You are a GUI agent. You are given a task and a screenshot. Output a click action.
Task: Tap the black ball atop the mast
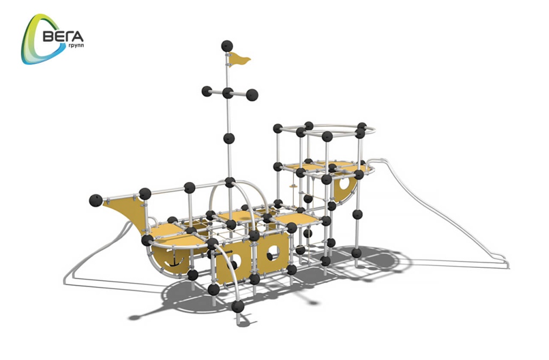227,46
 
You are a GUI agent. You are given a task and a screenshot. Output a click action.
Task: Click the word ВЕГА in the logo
63,36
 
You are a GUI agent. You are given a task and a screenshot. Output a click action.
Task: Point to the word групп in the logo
76,46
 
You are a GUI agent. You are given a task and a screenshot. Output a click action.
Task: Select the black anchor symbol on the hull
174,259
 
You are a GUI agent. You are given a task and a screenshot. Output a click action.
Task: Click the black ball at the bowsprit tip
96,200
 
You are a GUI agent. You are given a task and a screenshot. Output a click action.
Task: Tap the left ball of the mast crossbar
207,91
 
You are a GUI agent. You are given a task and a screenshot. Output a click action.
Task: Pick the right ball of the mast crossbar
252,95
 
